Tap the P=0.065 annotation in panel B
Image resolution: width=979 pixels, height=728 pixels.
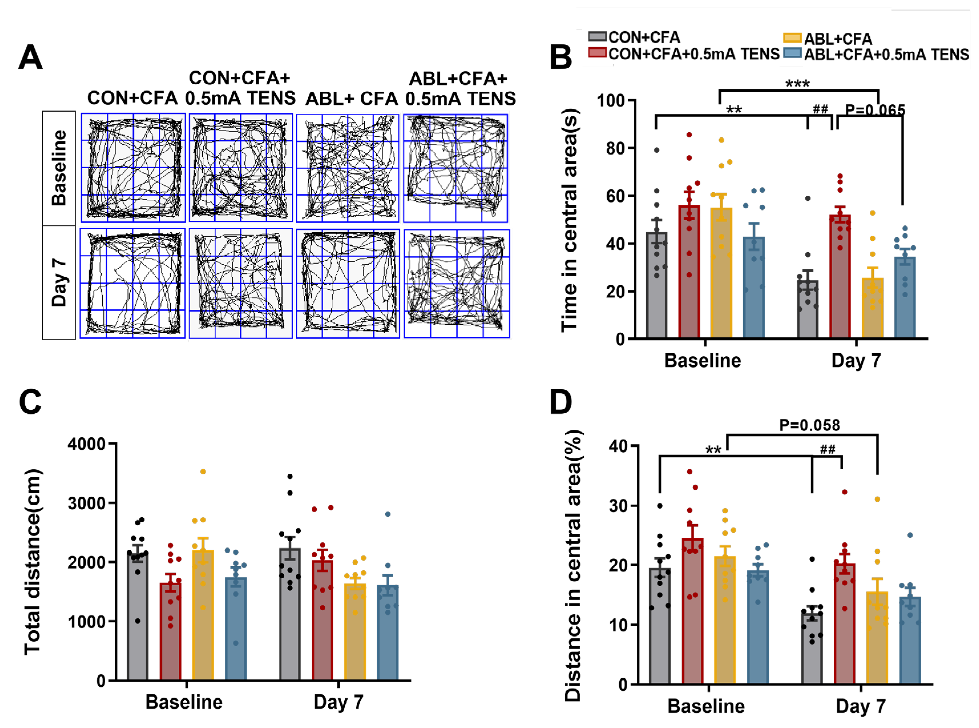(x=875, y=110)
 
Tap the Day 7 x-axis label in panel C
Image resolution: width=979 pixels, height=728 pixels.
(x=338, y=702)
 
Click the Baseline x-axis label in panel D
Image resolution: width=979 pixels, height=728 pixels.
(x=706, y=706)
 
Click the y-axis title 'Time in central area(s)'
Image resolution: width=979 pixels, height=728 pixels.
(x=569, y=220)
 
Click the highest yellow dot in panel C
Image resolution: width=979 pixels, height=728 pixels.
(x=203, y=472)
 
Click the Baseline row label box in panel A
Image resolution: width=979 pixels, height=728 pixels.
(x=59, y=168)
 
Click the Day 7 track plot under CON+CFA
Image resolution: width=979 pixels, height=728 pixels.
(x=132, y=283)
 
